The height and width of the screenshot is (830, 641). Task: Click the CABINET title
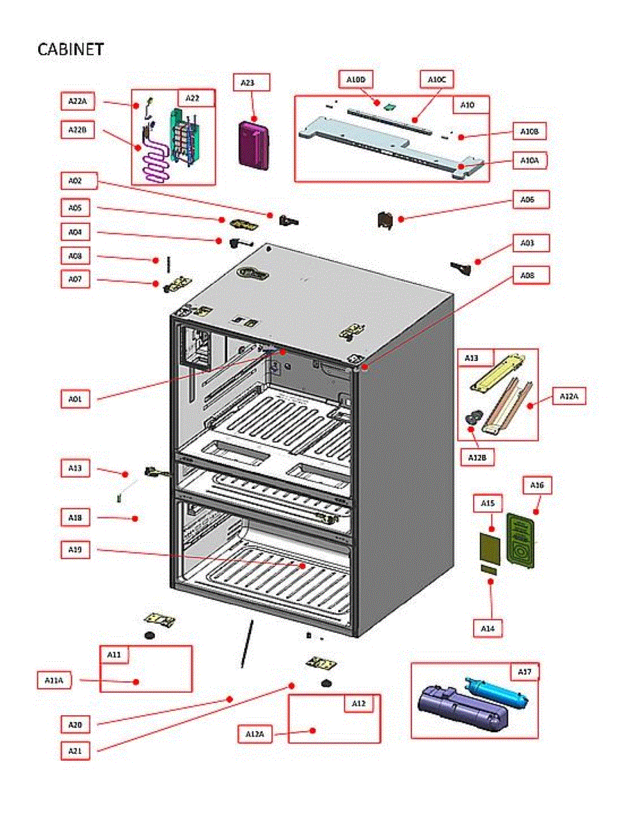pyautogui.click(x=70, y=49)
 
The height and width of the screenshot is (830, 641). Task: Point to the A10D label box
pyautogui.click(x=355, y=80)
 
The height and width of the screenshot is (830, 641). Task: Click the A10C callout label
pyautogui.click(x=437, y=80)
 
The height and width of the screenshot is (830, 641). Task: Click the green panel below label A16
pyautogui.click(x=521, y=539)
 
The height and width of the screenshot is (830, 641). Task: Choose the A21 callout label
pyautogui.click(x=75, y=750)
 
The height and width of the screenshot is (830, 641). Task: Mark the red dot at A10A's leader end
pyautogui.click(x=462, y=166)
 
